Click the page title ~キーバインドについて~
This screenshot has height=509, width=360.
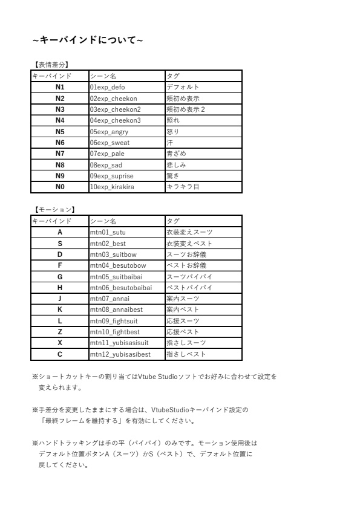coord(88,40)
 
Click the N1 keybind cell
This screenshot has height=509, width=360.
coord(60,87)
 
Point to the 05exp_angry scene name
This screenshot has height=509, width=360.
coord(109,131)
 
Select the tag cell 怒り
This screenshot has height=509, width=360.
coord(173,131)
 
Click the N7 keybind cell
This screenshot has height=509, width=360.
coord(60,154)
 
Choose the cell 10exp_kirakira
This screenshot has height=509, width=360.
coord(112,187)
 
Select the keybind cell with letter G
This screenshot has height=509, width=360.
coord(60,276)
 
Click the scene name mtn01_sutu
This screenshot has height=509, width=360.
coord(108,232)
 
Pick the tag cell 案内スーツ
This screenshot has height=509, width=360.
coord(183,298)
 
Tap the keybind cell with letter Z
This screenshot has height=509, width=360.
coord(60,331)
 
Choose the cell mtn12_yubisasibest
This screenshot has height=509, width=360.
coord(120,354)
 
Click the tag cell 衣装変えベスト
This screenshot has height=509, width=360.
coord(189,243)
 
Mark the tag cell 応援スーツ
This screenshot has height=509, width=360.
coord(183,320)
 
